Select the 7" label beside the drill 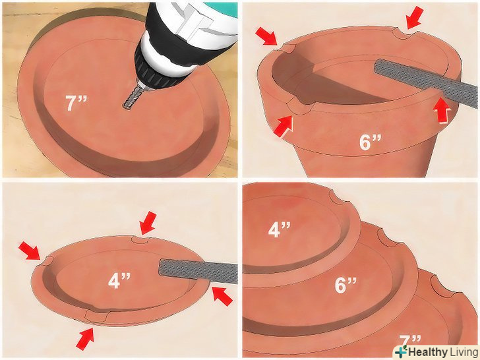point(76,103)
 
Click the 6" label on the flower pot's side point(370,142)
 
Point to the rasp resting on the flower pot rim point(425,82)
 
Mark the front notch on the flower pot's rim point(299,107)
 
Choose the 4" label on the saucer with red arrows point(119,280)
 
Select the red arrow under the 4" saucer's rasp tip point(222,295)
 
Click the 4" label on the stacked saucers point(279,229)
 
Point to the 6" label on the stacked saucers point(345,285)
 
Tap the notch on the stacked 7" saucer point(442,285)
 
